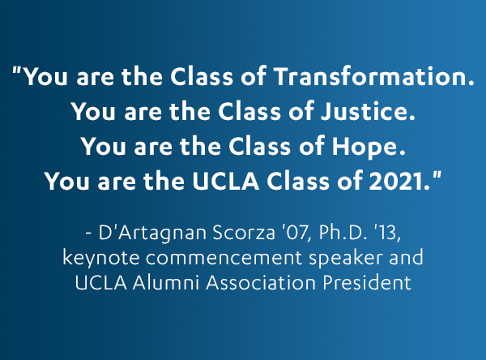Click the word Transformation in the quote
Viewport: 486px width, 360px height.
[x=373, y=76]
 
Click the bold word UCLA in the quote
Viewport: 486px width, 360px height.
[x=225, y=181]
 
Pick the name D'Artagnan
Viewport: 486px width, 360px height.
[x=152, y=234]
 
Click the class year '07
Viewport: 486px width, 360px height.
[x=296, y=233]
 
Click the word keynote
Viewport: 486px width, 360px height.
[x=101, y=258]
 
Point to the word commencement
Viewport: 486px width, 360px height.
[x=224, y=258]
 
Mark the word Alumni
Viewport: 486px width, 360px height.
[x=166, y=283]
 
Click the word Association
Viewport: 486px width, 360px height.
[x=261, y=283]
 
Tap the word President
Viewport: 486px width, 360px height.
[x=367, y=283]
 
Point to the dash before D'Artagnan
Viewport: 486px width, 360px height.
[x=88, y=234]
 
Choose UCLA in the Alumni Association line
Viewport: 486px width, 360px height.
[x=100, y=283]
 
